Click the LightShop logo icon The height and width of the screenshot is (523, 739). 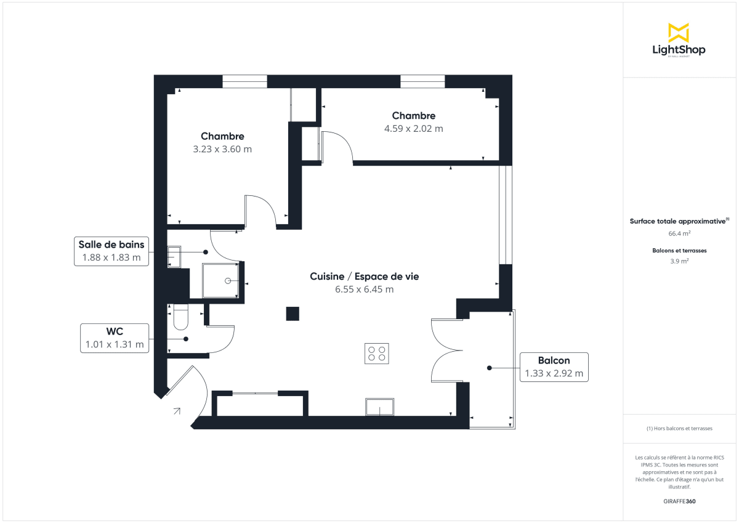[x=678, y=33]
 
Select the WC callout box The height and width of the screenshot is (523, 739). [x=115, y=338]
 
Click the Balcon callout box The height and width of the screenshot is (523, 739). [x=554, y=367]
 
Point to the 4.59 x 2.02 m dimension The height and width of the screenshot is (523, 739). [x=413, y=129]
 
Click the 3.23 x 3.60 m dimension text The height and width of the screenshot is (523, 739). [x=222, y=149]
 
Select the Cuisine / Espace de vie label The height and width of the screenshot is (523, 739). [x=364, y=277]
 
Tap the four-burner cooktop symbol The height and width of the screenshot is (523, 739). [x=376, y=353]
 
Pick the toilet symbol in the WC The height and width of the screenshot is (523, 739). [x=181, y=317]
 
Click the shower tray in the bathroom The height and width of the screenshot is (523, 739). [x=220, y=280]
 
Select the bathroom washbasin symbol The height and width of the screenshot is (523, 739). [x=174, y=256]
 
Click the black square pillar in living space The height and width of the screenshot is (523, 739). [x=293, y=314]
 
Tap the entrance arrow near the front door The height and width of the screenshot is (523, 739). [x=177, y=410]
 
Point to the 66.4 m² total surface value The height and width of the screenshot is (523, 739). [x=679, y=233]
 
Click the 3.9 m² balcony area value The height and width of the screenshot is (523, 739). [x=679, y=261]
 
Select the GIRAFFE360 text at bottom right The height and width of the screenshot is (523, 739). [x=679, y=501]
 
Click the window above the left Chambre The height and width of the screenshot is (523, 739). [x=244, y=81]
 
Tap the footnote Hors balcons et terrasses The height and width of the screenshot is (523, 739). [x=679, y=428]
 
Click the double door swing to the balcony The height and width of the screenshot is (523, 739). [x=446, y=351]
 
